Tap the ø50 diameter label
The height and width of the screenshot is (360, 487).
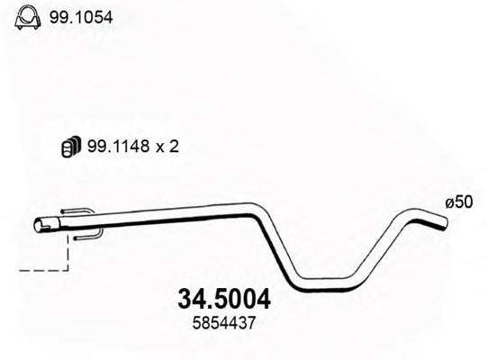pos(459,203)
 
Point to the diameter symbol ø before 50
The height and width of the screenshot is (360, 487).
pos(448,203)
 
